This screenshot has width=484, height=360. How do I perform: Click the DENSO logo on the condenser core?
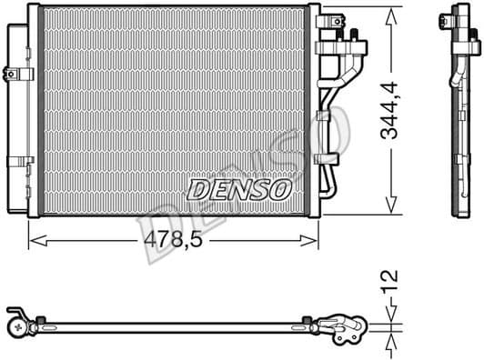[238, 189]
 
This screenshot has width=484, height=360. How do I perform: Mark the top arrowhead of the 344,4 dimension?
[392, 11]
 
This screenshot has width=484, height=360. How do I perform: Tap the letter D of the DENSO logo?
[197, 189]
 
